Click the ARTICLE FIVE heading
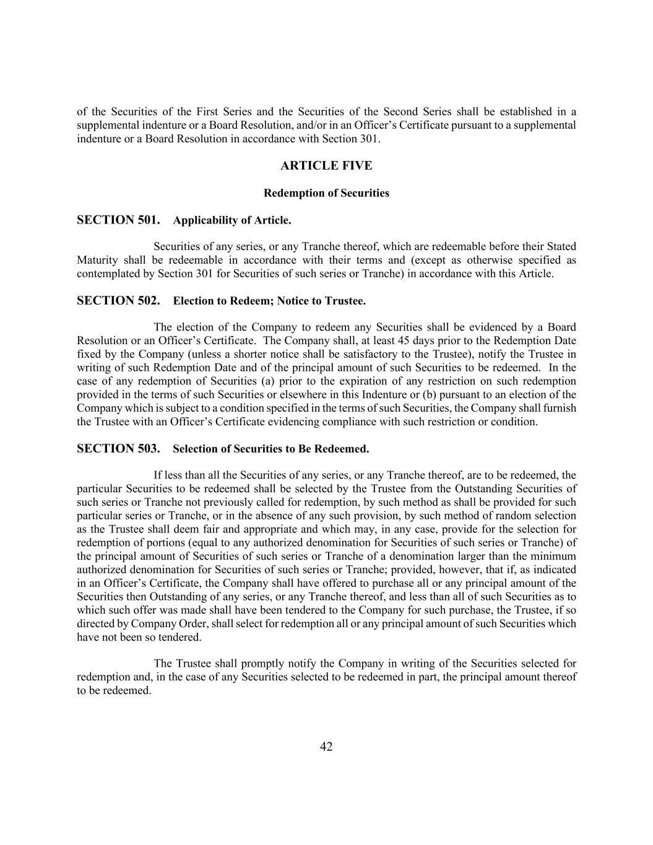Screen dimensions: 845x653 click(326, 166)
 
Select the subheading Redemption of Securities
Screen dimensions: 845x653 click(326, 193)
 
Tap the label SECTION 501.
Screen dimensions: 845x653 click(118, 220)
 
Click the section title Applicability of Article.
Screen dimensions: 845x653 click(232, 220)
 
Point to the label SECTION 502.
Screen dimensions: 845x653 click(118, 301)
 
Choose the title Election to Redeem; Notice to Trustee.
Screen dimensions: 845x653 click(269, 301)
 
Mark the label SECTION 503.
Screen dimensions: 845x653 click(118, 449)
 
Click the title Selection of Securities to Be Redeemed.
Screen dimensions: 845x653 click(270, 449)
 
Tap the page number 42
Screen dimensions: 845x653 click(326, 747)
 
